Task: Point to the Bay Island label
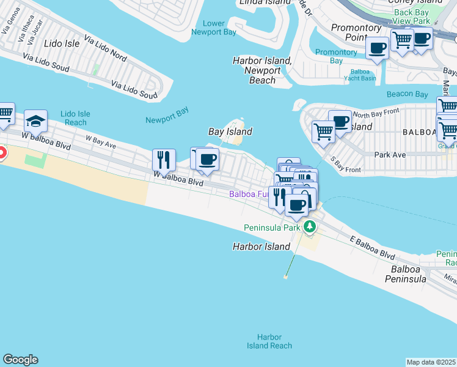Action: tap(230, 132)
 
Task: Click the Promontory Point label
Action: tap(356, 32)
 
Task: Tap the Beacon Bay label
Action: tap(408, 94)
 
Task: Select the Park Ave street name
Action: tap(391, 155)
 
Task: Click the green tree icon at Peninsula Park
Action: tap(310, 227)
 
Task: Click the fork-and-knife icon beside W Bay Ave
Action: tap(164, 160)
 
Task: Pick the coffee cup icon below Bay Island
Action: tap(207, 160)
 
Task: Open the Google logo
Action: tap(20, 360)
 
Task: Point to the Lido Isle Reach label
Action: tap(75, 118)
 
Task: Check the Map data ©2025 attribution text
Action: tap(431, 362)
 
